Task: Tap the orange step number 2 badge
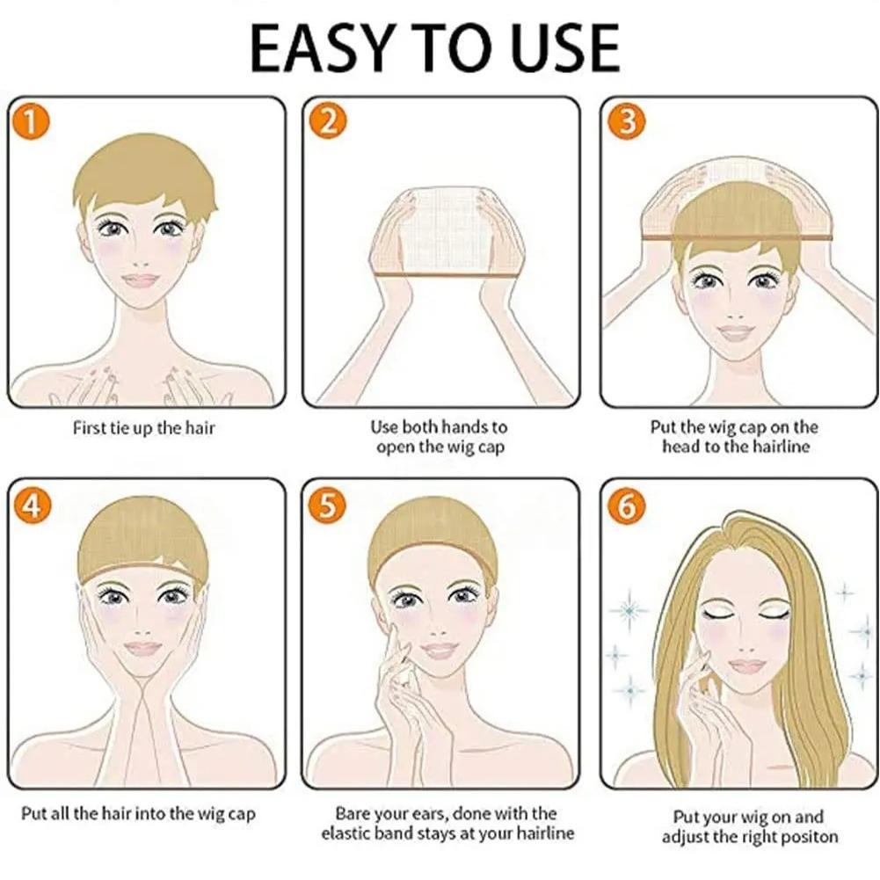[328, 120]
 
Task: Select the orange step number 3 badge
[627, 120]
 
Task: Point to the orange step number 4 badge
[33, 505]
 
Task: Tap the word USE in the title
[565, 49]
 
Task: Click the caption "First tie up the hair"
[143, 429]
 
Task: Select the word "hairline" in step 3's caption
[781, 447]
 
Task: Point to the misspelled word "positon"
[808, 837]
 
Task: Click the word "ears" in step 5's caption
[431, 814]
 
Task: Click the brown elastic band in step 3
[737, 237]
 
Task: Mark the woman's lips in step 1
[142, 280]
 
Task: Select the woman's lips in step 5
[440, 651]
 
